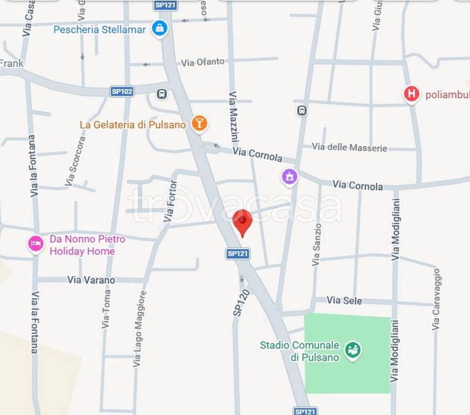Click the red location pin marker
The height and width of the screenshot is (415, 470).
pos(242,222)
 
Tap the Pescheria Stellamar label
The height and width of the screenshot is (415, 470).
pos(99,30)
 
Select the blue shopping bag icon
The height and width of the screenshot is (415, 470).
pos(159,28)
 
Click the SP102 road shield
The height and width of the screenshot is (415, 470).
pos(122,91)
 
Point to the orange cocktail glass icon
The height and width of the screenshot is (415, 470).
pos(199,124)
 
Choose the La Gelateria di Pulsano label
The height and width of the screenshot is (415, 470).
pos(132,125)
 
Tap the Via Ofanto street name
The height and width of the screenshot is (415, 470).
pos(202,63)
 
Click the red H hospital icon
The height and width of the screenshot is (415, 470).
pos(412,94)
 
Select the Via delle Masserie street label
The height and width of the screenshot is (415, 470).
pos(349,147)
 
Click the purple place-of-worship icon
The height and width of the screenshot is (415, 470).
pos(290,177)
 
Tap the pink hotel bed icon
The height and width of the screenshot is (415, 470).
pos(36,244)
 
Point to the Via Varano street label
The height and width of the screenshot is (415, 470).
pos(91,280)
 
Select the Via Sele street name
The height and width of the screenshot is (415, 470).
pos(344,300)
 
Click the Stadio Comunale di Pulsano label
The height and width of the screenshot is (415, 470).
pos(299,351)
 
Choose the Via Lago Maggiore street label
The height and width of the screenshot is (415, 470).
pos(139,329)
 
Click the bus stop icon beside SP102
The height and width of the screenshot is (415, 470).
pos(162,94)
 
